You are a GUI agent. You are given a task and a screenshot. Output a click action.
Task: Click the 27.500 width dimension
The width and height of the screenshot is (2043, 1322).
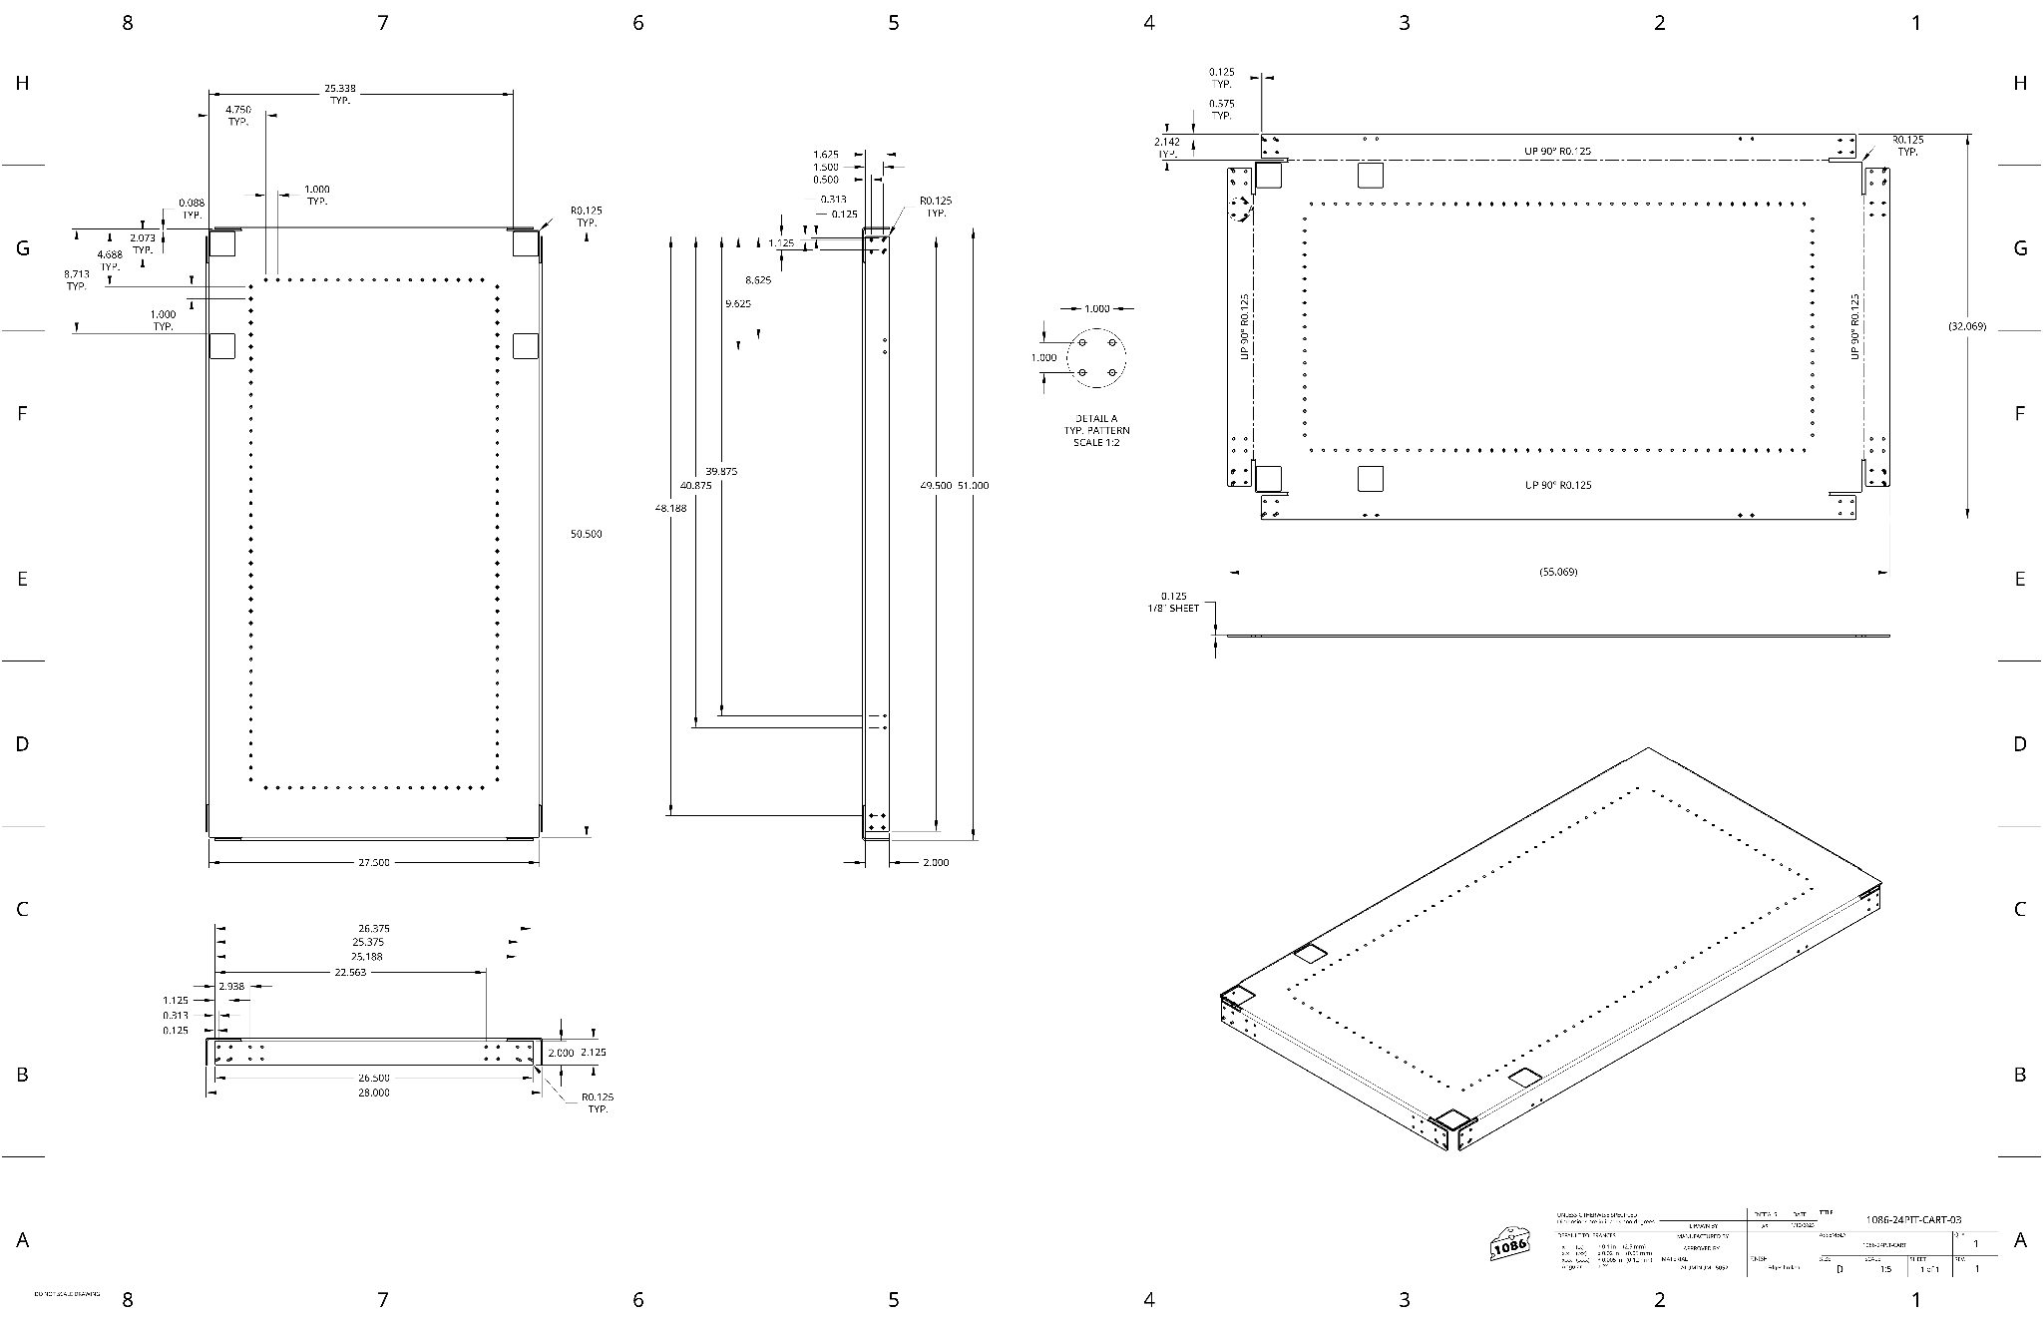(374, 862)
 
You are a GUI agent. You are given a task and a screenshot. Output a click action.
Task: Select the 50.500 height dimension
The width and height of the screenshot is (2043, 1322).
(586, 534)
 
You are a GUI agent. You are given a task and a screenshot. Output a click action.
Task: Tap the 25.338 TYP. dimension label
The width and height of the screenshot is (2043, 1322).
(340, 94)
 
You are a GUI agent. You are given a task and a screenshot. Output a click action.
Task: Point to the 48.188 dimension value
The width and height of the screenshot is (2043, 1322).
(670, 508)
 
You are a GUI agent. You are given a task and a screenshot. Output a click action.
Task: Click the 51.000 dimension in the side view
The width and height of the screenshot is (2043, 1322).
(973, 485)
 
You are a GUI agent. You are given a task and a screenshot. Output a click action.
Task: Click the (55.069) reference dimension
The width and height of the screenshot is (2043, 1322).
(1558, 572)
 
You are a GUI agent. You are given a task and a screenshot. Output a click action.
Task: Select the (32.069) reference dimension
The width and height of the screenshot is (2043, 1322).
(1966, 326)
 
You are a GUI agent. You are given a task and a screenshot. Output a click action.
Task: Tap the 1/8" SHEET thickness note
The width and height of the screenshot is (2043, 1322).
(1173, 608)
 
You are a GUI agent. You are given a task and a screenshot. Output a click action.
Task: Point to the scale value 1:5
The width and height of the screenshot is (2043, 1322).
(1884, 1269)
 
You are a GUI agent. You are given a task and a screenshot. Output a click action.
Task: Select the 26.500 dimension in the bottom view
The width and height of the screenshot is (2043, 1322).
(374, 1078)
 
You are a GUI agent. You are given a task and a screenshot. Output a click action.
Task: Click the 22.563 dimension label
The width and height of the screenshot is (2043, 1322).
(350, 972)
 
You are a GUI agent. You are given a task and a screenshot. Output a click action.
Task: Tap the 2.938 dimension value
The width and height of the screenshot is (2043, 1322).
(230, 986)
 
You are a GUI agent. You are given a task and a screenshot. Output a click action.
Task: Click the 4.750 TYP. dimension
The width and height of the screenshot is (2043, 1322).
(237, 115)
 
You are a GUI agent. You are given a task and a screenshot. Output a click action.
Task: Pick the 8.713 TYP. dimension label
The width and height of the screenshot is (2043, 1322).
(77, 279)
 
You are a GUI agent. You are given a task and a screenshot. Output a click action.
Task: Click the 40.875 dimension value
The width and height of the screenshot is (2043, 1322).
(695, 485)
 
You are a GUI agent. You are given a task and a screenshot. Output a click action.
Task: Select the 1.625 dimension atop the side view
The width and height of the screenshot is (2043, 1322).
(826, 155)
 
